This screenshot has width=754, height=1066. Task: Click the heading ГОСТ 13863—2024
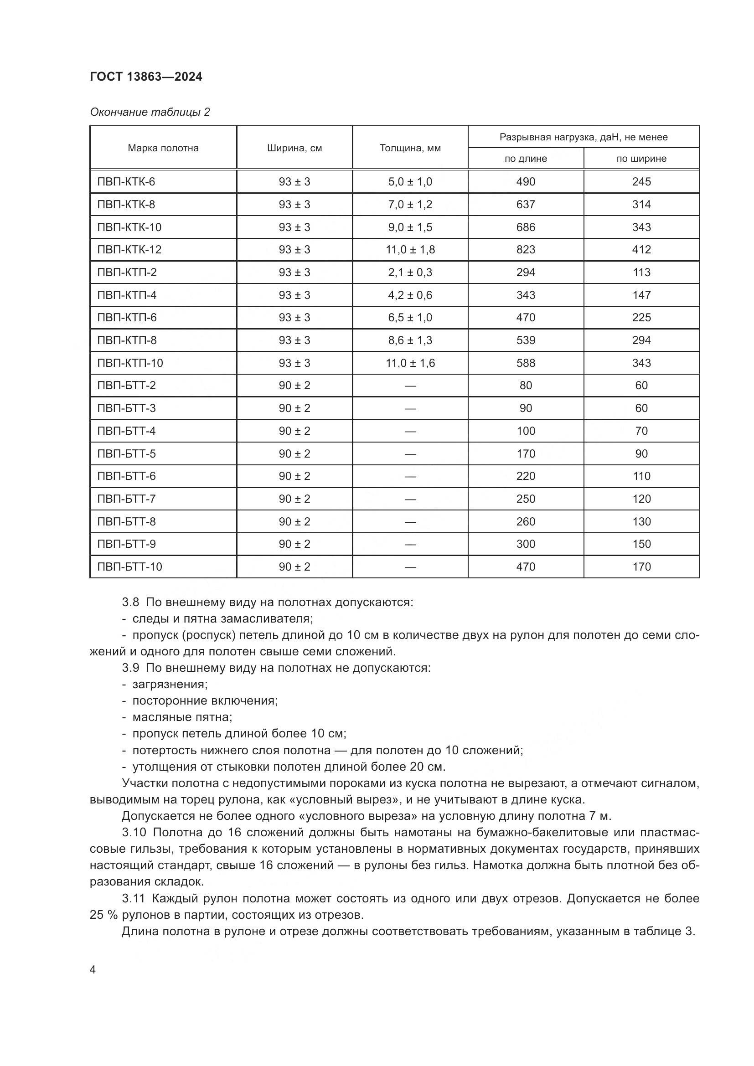click(x=146, y=77)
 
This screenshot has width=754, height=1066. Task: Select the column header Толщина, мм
click(x=410, y=148)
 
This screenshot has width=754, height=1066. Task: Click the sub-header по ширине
click(x=641, y=159)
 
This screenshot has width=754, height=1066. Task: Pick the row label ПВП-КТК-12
click(x=129, y=250)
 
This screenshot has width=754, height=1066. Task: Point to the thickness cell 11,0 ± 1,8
click(x=410, y=250)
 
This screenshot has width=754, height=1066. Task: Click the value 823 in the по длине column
click(x=526, y=250)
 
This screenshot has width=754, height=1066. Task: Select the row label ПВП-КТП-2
click(x=127, y=273)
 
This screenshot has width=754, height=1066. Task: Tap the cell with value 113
click(x=641, y=273)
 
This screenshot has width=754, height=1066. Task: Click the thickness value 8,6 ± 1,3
click(x=410, y=340)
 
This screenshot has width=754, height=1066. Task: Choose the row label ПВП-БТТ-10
click(x=129, y=567)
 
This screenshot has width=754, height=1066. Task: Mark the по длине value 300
click(x=526, y=544)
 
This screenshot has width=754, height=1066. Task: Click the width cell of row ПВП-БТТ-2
click(x=294, y=386)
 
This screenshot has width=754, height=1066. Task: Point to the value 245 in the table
click(x=641, y=181)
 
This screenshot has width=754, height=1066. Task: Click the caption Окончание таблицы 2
click(x=150, y=112)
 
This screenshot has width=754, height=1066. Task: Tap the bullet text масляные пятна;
click(x=182, y=717)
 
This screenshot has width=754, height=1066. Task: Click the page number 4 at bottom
click(x=93, y=970)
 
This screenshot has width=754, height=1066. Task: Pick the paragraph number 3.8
click(x=130, y=603)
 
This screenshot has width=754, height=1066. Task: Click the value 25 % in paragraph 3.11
click(x=103, y=915)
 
